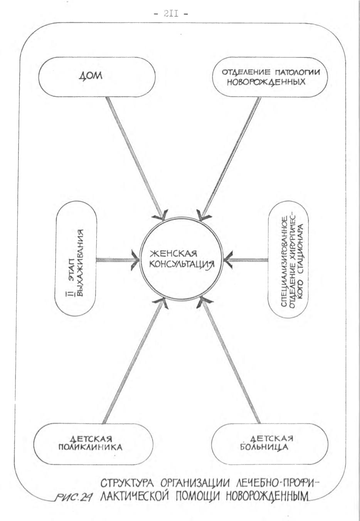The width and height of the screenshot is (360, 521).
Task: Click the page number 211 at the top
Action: tap(171, 14)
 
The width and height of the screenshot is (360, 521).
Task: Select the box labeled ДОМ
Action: tap(97, 77)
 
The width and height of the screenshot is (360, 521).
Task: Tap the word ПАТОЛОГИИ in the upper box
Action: tap(298, 72)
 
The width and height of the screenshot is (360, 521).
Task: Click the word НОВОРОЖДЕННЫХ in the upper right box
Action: tap(266, 82)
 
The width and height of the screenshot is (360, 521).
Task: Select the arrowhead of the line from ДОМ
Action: tap(161, 215)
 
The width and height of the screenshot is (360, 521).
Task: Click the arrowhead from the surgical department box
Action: tap(227, 260)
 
